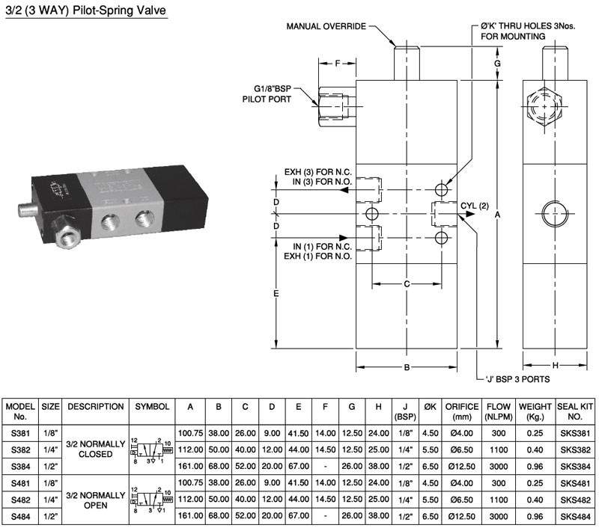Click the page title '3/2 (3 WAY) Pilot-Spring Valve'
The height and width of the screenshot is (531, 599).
(85, 11)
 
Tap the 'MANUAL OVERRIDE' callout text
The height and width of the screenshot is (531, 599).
(326, 26)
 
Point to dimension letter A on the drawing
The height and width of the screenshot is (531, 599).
(498, 215)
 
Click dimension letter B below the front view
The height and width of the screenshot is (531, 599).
(406, 367)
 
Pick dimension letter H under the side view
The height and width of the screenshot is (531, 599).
(555, 366)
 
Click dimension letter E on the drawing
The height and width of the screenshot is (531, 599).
(276, 294)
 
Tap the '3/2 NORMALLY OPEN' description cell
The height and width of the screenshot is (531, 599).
(96, 499)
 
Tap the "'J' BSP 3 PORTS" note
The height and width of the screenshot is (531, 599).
(517, 380)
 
